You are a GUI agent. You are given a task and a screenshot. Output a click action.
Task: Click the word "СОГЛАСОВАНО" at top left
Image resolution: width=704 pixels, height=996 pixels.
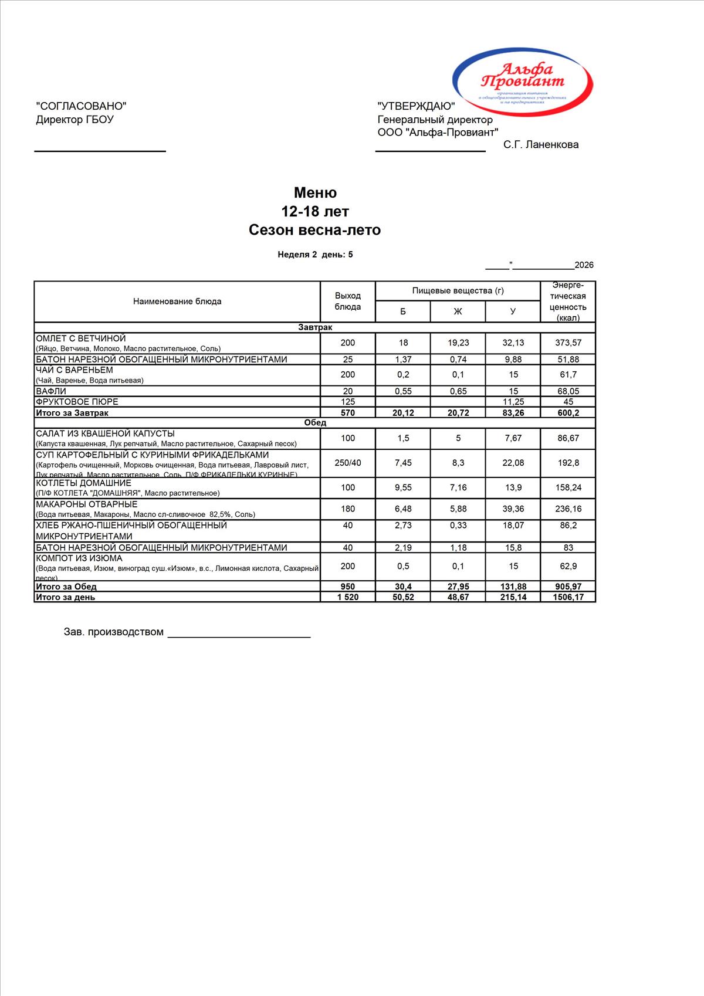click(x=81, y=106)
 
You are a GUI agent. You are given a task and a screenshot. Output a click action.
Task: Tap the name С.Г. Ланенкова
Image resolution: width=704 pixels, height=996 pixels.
click(x=540, y=145)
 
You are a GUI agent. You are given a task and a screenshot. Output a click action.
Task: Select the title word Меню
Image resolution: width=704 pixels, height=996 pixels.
click(x=315, y=193)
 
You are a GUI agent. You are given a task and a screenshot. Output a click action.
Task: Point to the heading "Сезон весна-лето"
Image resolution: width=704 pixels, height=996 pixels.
click(x=314, y=230)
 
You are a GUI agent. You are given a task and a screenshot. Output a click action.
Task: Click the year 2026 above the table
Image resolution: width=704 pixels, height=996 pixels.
click(x=584, y=265)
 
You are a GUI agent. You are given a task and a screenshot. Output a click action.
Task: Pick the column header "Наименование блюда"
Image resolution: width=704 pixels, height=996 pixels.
click(x=177, y=301)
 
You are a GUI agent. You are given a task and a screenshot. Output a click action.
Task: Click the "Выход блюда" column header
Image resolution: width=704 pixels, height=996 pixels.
click(x=348, y=301)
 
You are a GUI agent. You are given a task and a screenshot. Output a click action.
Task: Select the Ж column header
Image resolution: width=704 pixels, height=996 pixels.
click(x=458, y=311)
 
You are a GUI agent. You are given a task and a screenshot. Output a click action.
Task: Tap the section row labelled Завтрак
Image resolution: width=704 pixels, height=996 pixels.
click(x=315, y=327)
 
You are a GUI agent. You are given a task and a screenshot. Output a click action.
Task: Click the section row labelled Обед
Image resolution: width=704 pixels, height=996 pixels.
click(x=315, y=422)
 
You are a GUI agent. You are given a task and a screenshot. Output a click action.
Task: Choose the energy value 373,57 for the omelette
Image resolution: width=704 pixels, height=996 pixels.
click(x=568, y=343)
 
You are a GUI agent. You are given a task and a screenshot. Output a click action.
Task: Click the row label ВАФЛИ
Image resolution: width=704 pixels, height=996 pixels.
click(x=51, y=391)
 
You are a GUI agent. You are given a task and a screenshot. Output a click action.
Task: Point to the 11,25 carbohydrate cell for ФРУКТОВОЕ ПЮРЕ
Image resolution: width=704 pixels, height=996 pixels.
click(x=513, y=402)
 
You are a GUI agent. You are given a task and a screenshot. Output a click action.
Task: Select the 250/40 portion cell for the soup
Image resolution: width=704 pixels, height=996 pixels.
click(x=348, y=463)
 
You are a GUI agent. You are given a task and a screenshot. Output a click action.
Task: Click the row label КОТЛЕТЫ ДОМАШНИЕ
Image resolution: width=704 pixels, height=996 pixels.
click(x=84, y=483)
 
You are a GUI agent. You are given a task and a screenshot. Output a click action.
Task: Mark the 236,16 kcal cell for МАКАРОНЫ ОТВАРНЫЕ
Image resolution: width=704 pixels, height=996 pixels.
click(x=568, y=509)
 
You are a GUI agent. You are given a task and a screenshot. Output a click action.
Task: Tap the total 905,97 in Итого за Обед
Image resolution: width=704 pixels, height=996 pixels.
click(x=568, y=587)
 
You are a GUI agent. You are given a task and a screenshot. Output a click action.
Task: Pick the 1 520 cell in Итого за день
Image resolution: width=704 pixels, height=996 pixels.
click(x=348, y=597)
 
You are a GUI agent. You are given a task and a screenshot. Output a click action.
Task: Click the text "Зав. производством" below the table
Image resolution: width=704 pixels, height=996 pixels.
click(x=114, y=632)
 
